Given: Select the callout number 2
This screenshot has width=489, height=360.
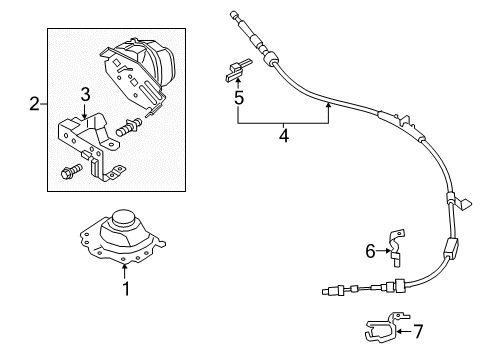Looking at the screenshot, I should point(34,104).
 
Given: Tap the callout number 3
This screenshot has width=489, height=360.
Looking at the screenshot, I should point(86,95).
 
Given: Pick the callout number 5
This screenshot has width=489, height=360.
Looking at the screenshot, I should point(238,99).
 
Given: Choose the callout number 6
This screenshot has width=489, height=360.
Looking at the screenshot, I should point(369,251).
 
